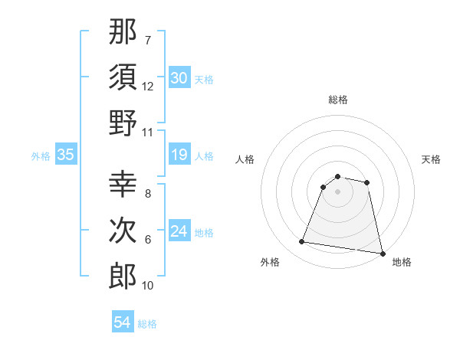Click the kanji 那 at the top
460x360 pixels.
pos(123,31)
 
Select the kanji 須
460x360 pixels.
pos(123,77)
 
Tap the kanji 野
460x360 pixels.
pos(123,123)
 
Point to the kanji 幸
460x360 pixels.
pos(123,183)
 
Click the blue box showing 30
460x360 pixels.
pos(179,78)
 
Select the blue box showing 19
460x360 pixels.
pos(179,155)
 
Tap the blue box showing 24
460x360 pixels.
pos(179,232)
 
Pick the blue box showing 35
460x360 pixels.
pos(65,155)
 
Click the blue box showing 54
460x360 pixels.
pos(122,322)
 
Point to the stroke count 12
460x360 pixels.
pos(148,87)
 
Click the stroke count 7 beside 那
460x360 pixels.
pos(147,39)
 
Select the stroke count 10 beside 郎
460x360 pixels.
pos(148,286)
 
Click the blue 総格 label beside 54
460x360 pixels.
pos(147,324)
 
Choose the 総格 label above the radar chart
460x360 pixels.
pos(337,100)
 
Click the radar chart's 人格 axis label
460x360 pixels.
pos(246,159)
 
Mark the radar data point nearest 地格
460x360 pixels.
pos(381,252)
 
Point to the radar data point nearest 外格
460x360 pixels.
pos(301,242)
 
